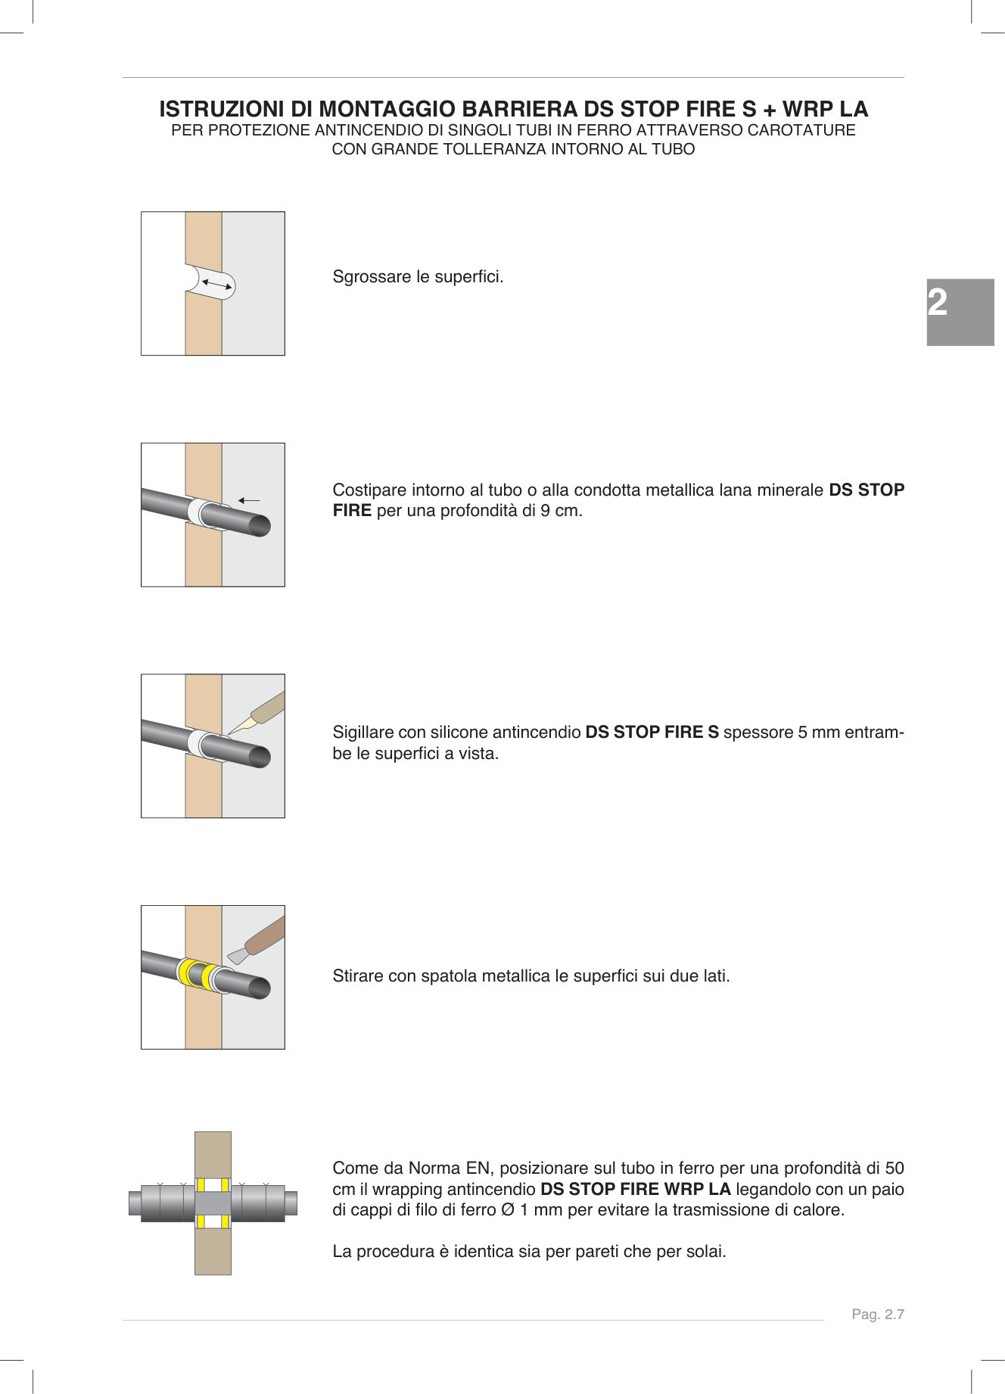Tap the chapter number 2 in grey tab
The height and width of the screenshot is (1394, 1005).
(x=938, y=303)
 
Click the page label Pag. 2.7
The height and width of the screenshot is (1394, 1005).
(x=878, y=1315)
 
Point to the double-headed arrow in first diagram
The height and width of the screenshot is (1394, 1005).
(x=217, y=285)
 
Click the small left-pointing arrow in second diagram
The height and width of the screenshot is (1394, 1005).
(x=249, y=500)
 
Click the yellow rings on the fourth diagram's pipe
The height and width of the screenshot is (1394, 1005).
(x=196, y=973)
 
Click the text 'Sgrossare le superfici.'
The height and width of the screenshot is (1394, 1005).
(x=418, y=277)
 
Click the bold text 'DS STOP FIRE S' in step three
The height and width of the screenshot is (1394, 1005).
(x=652, y=733)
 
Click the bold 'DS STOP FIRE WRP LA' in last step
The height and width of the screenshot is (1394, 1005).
(x=635, y=1190)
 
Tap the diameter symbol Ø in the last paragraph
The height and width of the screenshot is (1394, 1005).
(x=508, y=1210)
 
